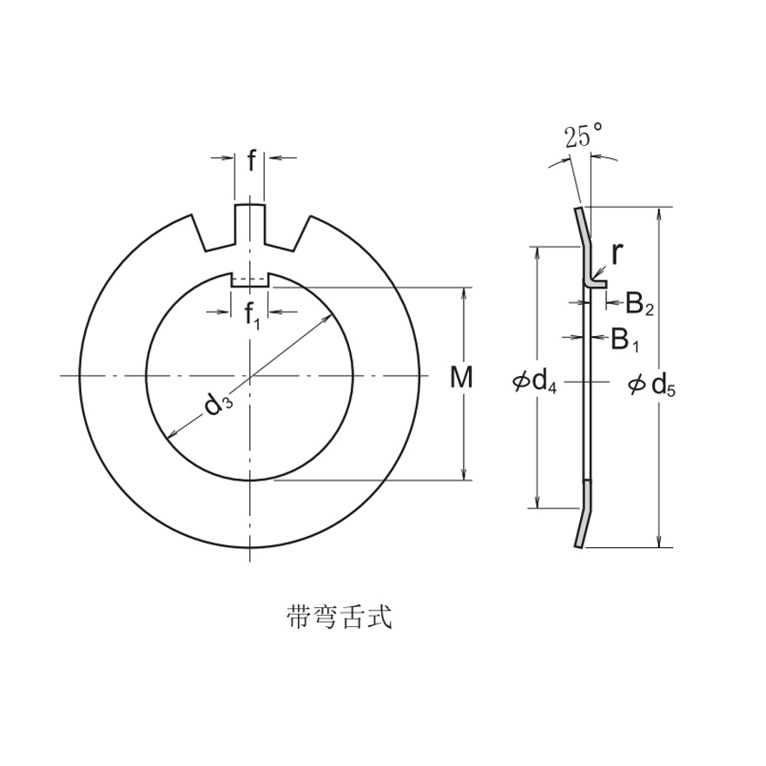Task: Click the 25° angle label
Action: point(583,136)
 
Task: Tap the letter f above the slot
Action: point(252,161)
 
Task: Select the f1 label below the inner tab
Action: point(252,316)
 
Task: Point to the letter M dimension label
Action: point(463,378)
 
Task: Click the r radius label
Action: point(616,254)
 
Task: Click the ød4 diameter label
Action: point(535,380)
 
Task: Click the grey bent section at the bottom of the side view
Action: point(584,517)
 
